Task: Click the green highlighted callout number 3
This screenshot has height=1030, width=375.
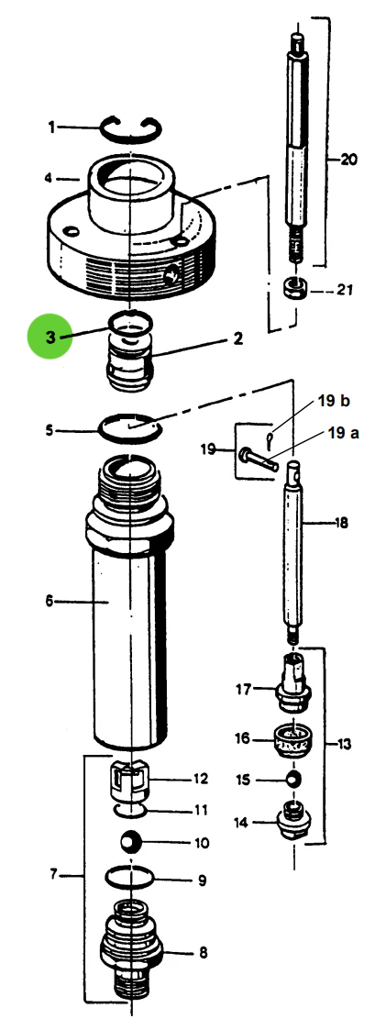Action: tap(51, 337)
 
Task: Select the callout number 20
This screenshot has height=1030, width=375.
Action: tap(347, 160)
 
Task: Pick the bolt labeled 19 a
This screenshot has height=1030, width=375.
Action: tap(258, 456)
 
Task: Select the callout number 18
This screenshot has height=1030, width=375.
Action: tap(341, 524)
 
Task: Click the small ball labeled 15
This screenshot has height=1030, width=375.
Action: tap(294, 778)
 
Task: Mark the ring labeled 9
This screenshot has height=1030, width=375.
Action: tap(131, 879)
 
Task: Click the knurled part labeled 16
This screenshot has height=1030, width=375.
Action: tap(295, 740)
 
